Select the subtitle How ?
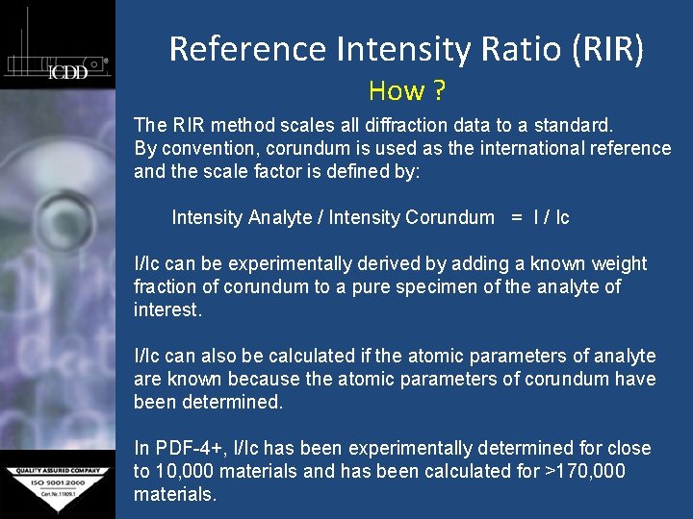coord(406,91)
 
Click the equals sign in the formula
coord(517,217)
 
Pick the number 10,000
coord(190,471)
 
